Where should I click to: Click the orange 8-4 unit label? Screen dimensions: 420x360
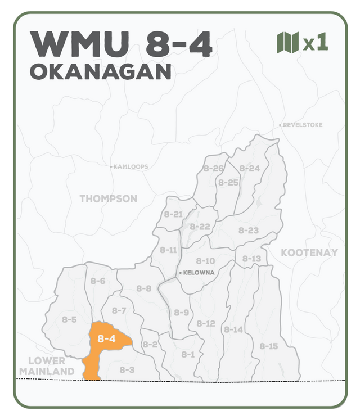pos(106,339)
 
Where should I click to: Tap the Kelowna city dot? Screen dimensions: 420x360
pos(180,273)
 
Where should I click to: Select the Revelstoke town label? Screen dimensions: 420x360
pos(303,124)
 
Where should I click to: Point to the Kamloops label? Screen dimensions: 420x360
pos(130,167)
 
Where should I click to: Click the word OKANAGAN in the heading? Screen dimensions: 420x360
pos(100,72)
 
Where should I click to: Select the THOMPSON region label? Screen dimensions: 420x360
pos(109,198)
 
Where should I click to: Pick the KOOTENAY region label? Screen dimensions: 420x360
pos(309,252)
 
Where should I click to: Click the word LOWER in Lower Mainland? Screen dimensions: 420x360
pos(47,360)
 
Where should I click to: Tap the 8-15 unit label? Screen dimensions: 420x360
pos(268,346)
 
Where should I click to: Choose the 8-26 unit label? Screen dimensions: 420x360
pos(214,169)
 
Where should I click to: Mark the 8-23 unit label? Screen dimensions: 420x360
pos(248,230)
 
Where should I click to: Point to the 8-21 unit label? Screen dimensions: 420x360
pos(173,214)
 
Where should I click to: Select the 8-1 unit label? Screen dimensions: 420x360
pos(188,354)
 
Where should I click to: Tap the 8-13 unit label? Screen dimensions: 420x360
pos(252,259)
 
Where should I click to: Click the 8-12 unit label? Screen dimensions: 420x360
pos(206,323)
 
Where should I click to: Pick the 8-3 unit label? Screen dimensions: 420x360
pos(127,369)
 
